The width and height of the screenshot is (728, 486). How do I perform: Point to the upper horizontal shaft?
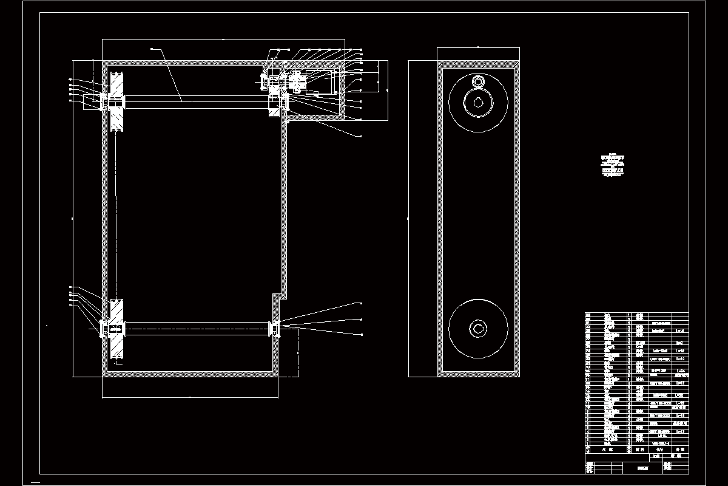coord(194,102)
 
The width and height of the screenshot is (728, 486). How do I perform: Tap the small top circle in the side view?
coord(479,82)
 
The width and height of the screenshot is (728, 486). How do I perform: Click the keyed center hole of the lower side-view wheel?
coord(479,328)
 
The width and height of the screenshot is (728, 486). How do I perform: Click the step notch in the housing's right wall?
coord(278,297)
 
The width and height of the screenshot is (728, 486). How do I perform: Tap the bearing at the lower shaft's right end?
coord(276,329)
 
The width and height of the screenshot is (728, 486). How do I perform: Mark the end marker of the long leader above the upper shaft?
coord(152,49)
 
